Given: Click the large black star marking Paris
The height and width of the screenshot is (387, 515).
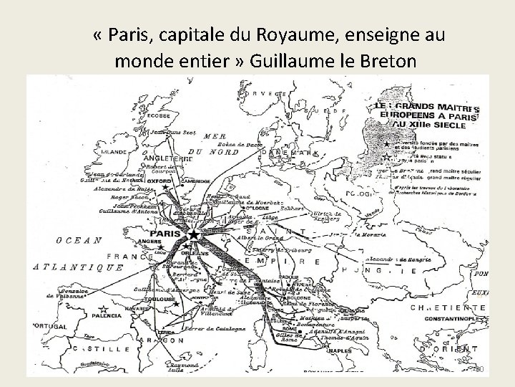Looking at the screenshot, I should coord(195,235).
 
